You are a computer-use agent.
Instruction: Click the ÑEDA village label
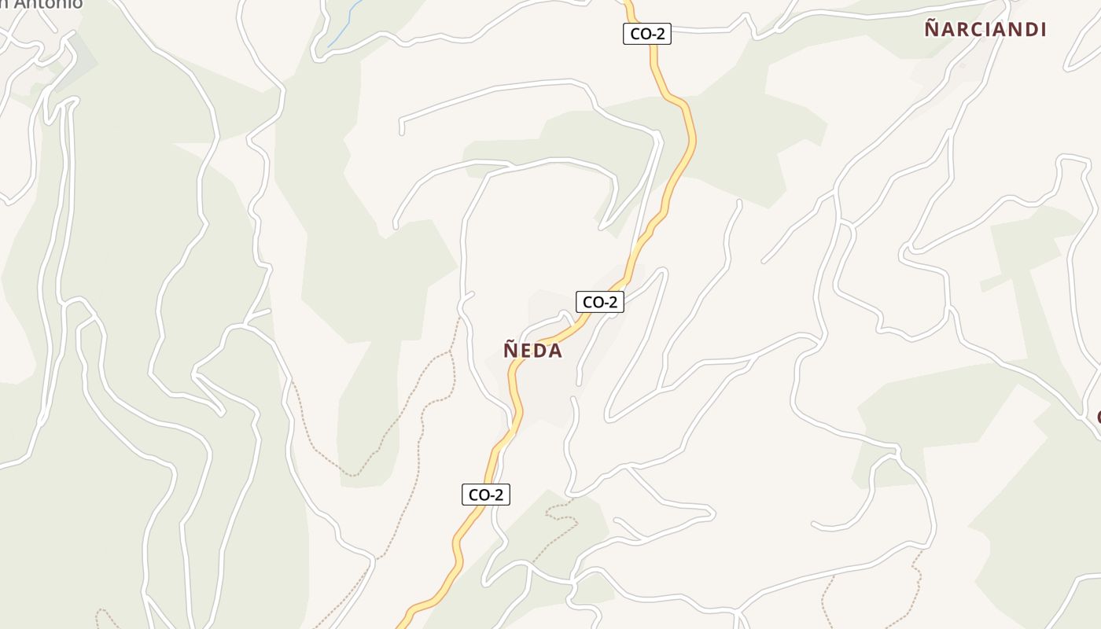coord(532,351)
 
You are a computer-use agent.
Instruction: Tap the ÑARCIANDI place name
coord(985,30)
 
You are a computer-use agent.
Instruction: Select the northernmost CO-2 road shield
coord(646,34)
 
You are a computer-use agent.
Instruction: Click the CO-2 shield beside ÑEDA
coord(599,302)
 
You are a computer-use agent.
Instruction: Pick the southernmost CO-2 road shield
coord(485,495)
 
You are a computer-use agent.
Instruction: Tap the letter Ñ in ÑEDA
coord(510,350)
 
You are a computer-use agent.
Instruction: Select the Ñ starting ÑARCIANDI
coord(932,29)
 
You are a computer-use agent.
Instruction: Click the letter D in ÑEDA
coord(540,351)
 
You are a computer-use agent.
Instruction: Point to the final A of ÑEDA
coord(555,351)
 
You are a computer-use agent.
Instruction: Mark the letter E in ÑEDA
coord(526,351)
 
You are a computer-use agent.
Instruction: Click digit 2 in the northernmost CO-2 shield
coord(660,34)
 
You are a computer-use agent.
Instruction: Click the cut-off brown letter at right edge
coord(1098,416)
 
